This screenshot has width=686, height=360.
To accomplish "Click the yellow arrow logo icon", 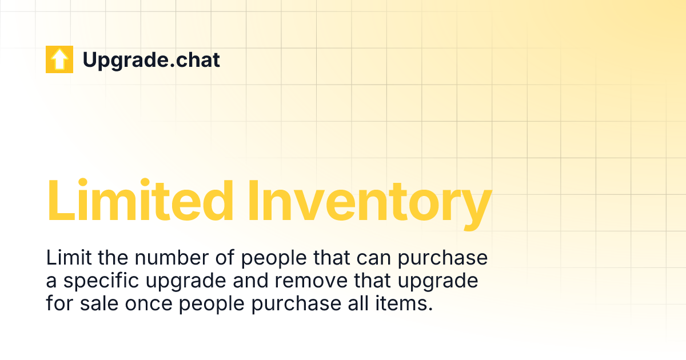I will click(59, 59).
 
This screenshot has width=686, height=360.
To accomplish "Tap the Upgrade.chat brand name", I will click(151, 59).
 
